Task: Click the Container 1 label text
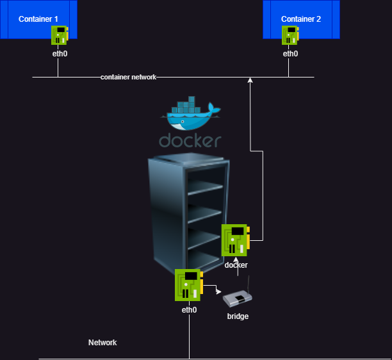pyautogui.click(x=38, y=19)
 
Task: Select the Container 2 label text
pyautogui.click(x=301, y=19)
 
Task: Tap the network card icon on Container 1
pyautogui.click(x=60, y=35)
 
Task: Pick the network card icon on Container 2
pyautogui.click(x=290, y=35)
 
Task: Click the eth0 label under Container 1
pyautogui.click(x=60, y=54)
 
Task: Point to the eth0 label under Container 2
pyautogui.click(x=290, y=54)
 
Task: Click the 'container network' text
pyautogui.click(x=128, y=77)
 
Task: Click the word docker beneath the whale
pyautogui.click(x=190, y=140)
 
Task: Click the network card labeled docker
pyautogui.click(x=235, y=240)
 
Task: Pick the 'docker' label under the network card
pyautogui.click(x=236, y=265)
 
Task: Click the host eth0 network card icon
pyautogui.click(x=188, y=285)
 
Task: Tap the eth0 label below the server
pyautogui.click(x=189, y=309)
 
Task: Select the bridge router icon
pyautogui.click(x=238, y=299)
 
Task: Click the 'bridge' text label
pyautogui.click(x=238, y=316)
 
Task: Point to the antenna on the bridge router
pyautogui.click(x=249, y=284)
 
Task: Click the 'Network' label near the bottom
pyautogui.click(x=102, y=343)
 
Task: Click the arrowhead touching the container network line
pyautogui.click(x=250, y=80)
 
